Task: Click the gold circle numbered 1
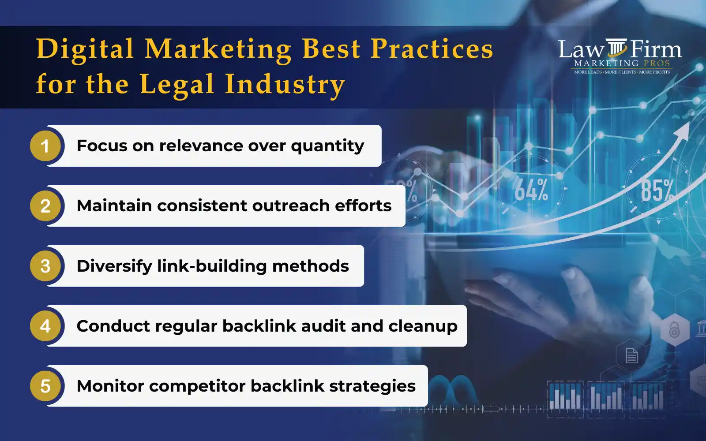click(45, 146)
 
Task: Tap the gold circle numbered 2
click(45, 206)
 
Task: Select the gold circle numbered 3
click(45, 266)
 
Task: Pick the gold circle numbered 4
click(45, 326)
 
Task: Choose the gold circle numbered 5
click(45, 386)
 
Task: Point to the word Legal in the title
click(177, 84)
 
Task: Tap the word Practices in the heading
click(432, 49)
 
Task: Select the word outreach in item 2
click(291, 206)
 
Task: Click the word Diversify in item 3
click(114, 266)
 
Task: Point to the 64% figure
click(531, 190)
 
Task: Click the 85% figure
click(657, 190)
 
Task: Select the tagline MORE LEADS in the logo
click(588, 72)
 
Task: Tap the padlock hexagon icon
click(675, 330)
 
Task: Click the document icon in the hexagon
click(631, 356)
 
